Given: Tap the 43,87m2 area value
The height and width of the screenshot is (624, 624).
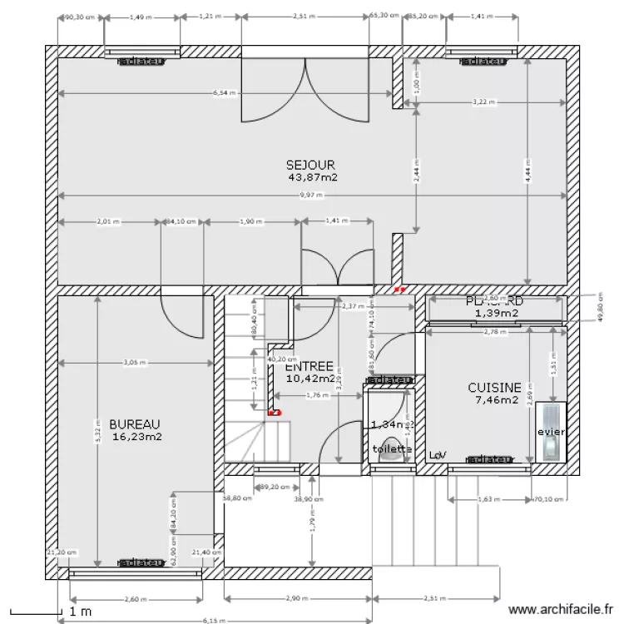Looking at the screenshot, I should point(312,177).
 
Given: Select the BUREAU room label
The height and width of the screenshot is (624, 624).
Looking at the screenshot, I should point(128,423).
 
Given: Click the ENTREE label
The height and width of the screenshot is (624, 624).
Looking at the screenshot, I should point(309,366).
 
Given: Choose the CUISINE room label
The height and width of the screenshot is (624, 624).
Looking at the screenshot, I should point(494,388).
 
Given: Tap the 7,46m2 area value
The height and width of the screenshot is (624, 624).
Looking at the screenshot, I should point(496,400).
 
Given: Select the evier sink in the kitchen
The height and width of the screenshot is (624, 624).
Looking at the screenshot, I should point(551,432).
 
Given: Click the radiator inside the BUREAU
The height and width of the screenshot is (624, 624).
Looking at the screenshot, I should point(140,563).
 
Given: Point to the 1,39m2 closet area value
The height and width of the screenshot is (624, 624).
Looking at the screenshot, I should point(497,314).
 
